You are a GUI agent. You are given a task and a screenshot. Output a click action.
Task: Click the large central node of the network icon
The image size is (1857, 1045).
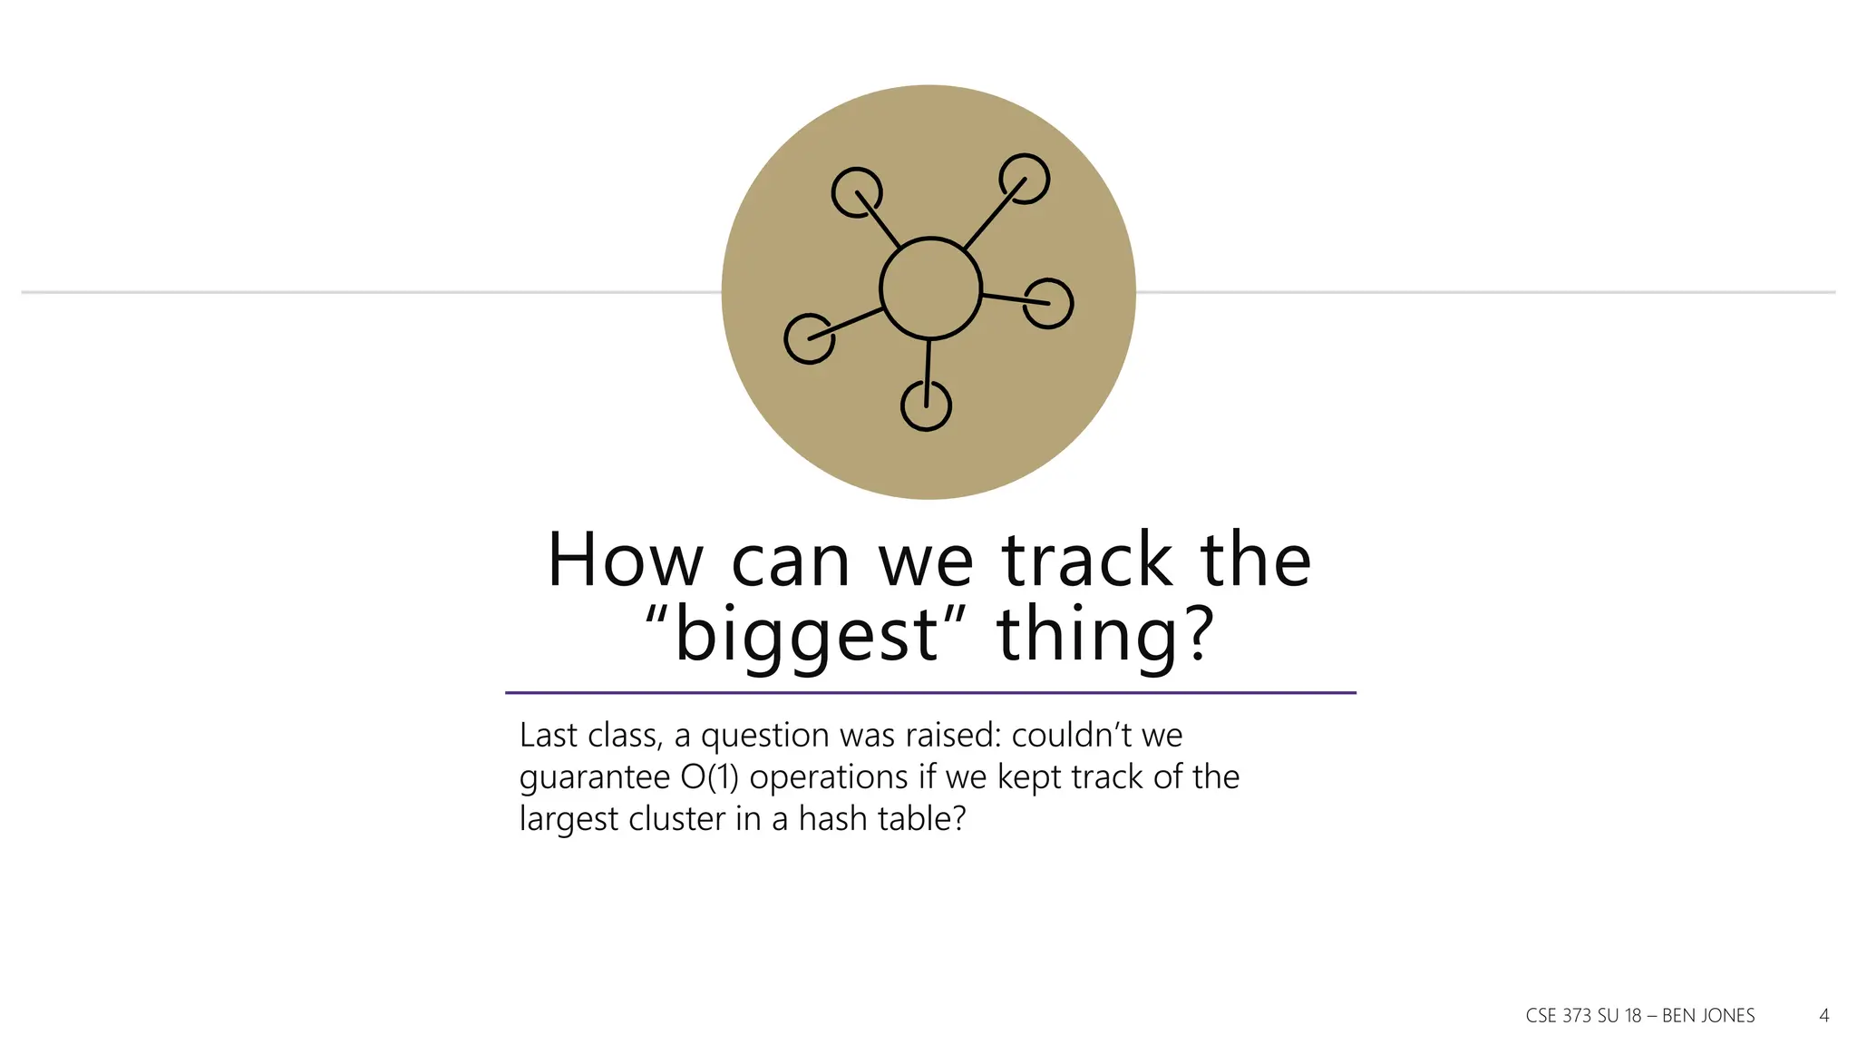click(930, 288)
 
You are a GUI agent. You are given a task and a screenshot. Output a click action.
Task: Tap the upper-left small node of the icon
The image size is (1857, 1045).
click(856, 192)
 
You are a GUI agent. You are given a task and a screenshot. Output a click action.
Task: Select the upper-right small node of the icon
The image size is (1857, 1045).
click(1024, 179)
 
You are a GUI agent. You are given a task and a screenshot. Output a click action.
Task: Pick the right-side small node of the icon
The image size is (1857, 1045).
click(1048, 303)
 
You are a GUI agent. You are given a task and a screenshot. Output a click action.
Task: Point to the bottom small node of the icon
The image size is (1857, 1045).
click(926, 405)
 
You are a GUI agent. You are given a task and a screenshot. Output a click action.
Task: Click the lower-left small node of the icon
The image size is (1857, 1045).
click(809, 338)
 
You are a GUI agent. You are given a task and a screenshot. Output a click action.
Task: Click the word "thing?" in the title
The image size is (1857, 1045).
click(1104, 634)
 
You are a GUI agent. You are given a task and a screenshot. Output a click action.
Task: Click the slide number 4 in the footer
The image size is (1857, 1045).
click(1824, 1016)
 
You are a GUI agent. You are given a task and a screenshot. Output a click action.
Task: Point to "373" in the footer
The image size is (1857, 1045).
click(1578, 1016)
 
